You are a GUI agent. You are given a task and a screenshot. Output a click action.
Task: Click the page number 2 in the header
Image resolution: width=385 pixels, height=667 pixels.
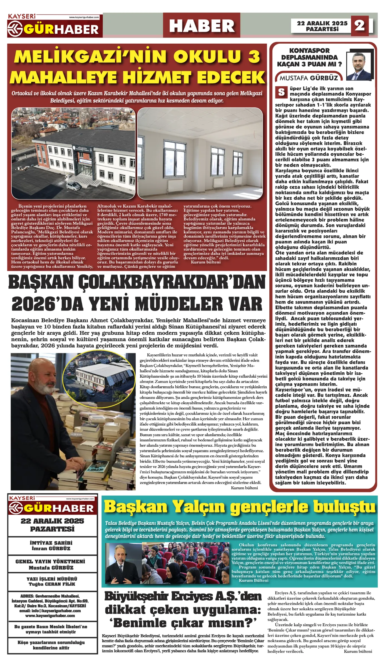(x=359, y=25)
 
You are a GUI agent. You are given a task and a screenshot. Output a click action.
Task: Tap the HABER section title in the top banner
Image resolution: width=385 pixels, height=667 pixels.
(x=202, y=26)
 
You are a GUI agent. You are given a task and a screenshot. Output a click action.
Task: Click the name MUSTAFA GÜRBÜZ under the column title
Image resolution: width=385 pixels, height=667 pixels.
(x=309, y=78)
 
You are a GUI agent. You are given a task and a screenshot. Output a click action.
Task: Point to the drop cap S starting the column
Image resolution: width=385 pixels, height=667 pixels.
(x=281, y=92)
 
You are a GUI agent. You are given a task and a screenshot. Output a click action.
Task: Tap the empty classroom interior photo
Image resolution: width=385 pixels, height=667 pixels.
(x=200, y=153)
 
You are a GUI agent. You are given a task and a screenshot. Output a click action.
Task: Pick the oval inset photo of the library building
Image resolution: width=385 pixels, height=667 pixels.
(x=100, y=376)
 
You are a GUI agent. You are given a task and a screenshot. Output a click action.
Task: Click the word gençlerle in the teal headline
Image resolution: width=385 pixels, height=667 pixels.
(x=269, y=507)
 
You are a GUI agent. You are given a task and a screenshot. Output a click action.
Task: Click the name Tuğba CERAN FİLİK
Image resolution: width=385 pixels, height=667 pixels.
(x=52, y=584)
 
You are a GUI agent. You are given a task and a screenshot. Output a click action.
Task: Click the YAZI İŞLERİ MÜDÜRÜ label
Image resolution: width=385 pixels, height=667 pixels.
(x=52, y=579)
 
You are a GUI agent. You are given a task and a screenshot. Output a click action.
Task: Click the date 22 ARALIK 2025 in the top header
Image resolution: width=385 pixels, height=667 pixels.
(x=322, y=23)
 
